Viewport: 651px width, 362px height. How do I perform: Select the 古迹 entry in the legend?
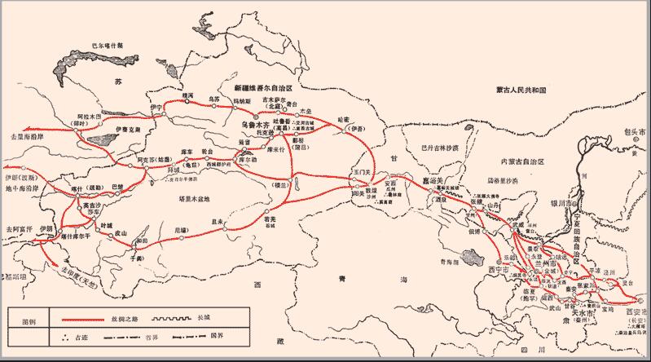pos(74,335)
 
